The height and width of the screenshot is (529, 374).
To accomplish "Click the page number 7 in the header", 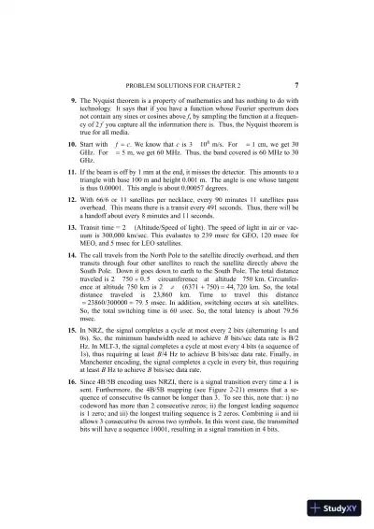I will coord(296,83).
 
